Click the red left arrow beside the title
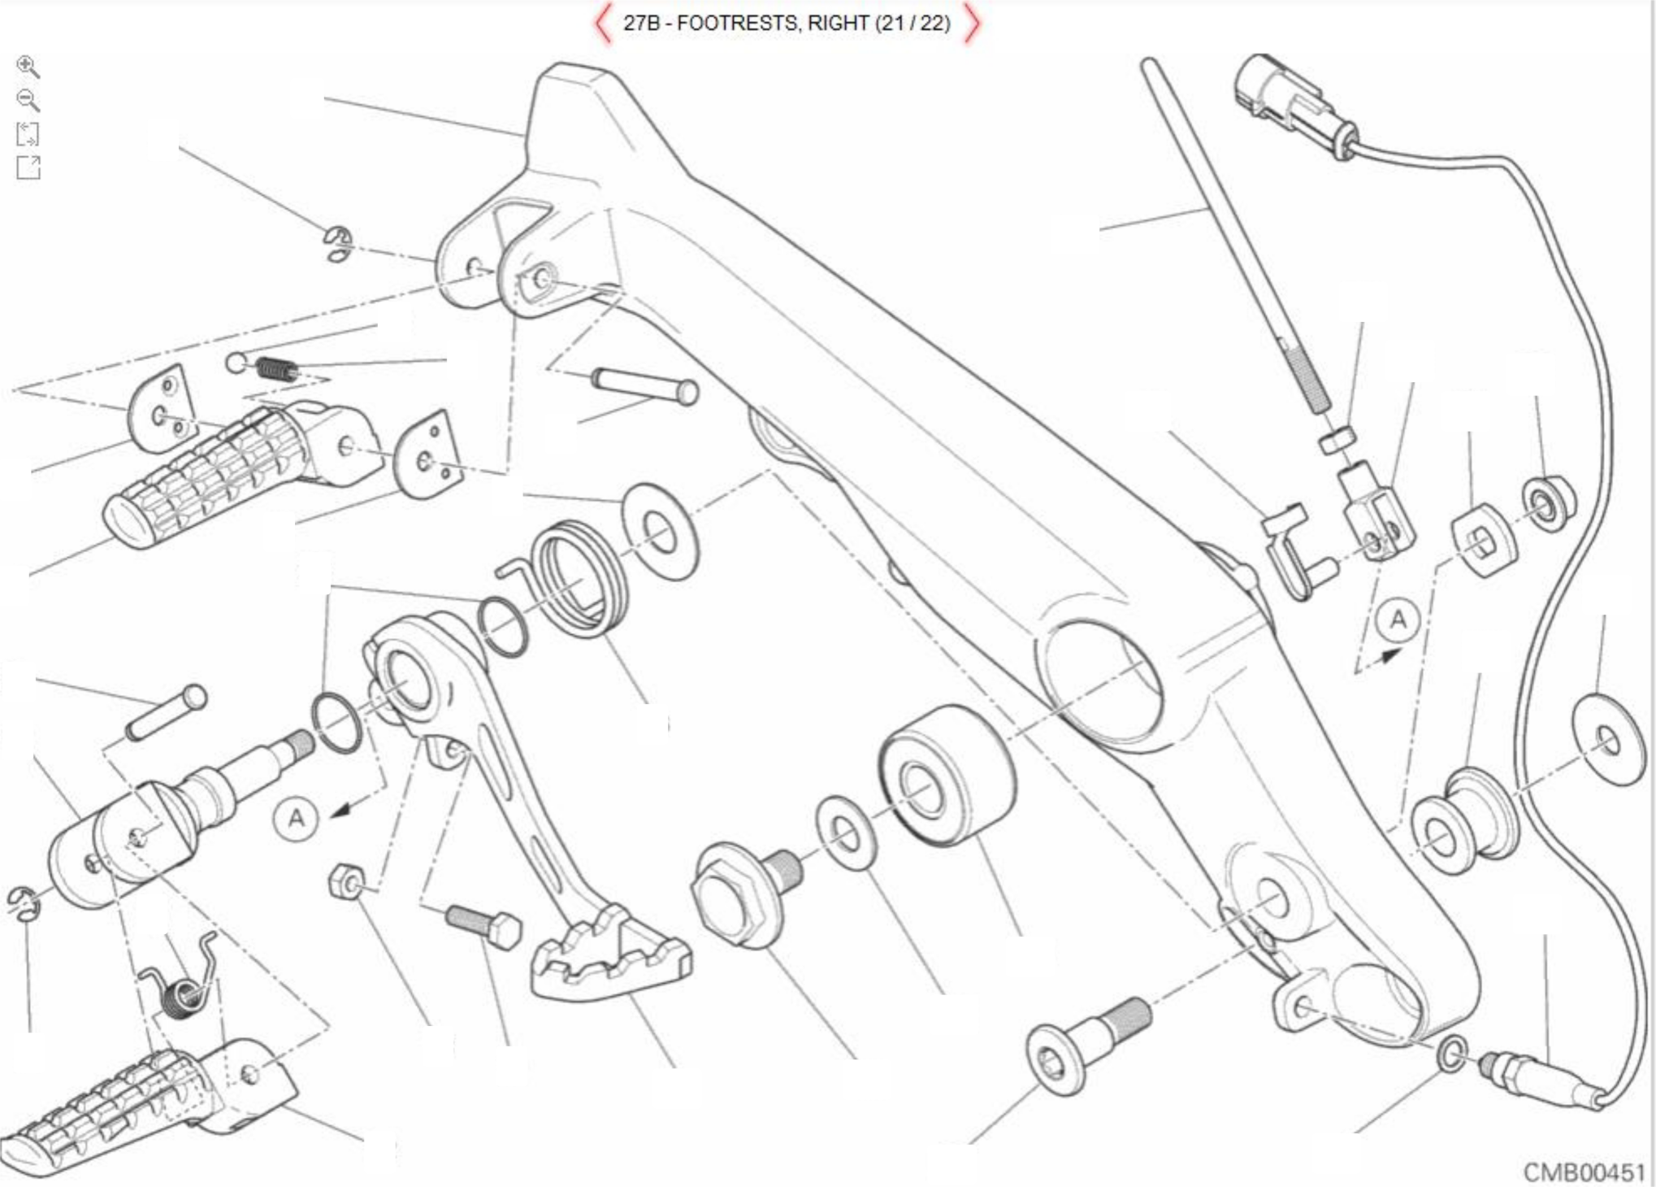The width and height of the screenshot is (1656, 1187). (x=602, y=24)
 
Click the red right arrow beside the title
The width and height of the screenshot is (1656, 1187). (x=972, y=24)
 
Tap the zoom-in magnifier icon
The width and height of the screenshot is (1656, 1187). (x=28, y=67)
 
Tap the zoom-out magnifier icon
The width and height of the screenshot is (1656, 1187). (x=28, y=100)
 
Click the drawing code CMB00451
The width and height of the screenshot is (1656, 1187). (x=1584, y=1172)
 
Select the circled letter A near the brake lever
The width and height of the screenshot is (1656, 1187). (x=297, y=818)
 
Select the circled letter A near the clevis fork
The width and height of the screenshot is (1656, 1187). (x=1398, y=620)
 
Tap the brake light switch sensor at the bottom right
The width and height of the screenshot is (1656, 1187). (x=1536, y=1077)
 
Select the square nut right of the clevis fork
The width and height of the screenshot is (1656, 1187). (x=1483, y=541)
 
